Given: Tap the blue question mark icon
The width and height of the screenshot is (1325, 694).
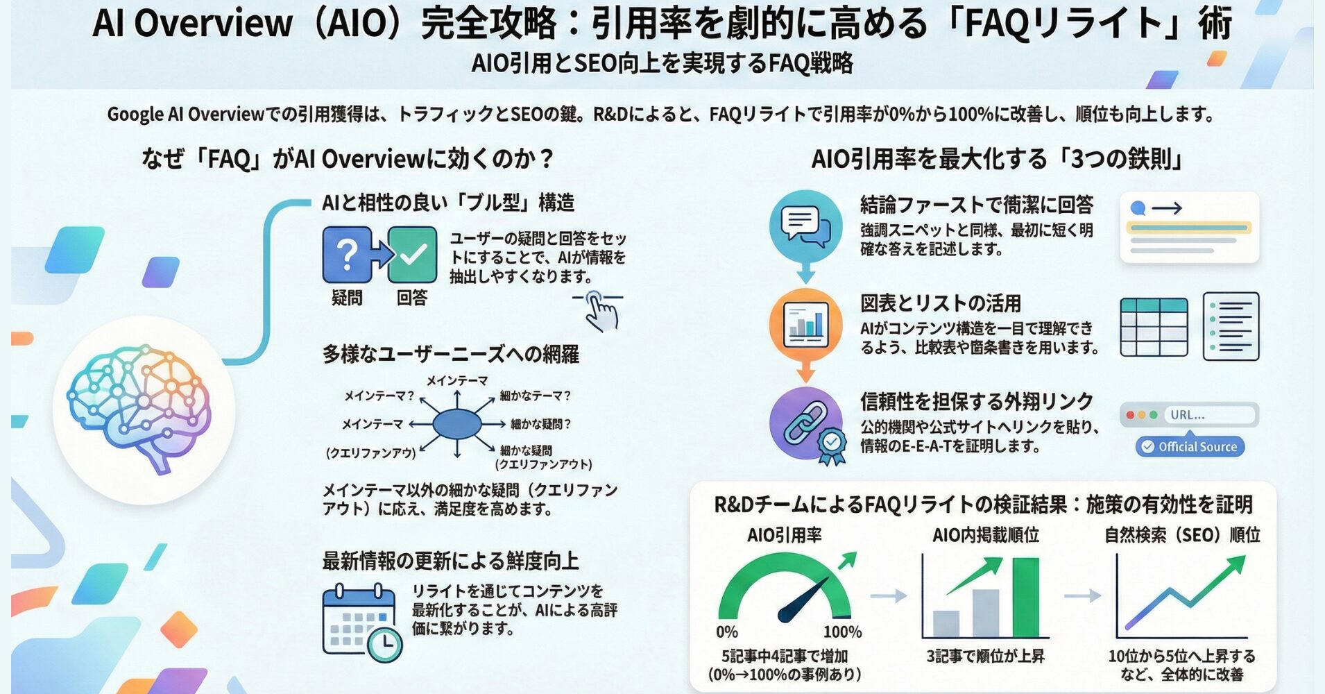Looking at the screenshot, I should pos(347,255).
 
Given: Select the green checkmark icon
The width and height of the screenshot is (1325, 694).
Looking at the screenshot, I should pos(412,255).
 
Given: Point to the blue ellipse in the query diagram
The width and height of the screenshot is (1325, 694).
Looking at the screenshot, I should pos(456,423).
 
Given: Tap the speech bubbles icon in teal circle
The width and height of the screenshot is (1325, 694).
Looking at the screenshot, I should pos(805,226).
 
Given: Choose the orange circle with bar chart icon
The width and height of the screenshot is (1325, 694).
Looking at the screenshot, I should pos(805,325).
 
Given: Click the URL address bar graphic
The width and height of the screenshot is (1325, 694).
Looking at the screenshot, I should pos(1189,415).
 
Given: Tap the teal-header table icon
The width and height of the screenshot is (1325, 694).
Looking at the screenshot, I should pos(1154,326).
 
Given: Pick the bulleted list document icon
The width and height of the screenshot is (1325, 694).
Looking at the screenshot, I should pos(1231,326).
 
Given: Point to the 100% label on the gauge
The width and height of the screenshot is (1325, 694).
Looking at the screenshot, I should pos(842,632).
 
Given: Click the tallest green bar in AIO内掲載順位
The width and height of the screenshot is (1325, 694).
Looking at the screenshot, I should pos(1025,597).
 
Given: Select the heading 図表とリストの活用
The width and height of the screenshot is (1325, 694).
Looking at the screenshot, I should pos(941,303).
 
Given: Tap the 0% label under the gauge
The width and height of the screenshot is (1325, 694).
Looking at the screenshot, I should pos(727,632).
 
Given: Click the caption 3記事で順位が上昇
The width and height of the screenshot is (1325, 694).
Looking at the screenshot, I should pos(985,656).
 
